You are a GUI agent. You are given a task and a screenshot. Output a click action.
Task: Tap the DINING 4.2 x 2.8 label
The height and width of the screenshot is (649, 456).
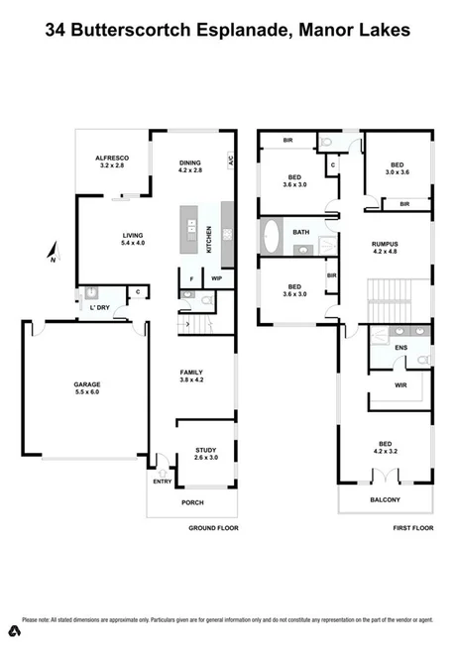tap(189, 166)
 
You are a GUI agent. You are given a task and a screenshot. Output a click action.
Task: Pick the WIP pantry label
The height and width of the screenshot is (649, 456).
tap(216, 279)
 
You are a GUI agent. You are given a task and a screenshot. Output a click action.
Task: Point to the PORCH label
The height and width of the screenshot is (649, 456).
tap(192, 502)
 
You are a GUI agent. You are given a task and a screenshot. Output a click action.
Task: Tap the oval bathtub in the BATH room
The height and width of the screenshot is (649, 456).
tap(272, 233)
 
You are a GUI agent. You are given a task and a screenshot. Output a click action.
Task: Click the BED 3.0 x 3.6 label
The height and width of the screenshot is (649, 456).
tap(398, 169)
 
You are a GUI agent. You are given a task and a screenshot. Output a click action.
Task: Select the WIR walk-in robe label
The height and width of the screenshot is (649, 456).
tap(401, 384)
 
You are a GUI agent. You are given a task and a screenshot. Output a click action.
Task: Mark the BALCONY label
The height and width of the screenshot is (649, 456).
tap(386, 500)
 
